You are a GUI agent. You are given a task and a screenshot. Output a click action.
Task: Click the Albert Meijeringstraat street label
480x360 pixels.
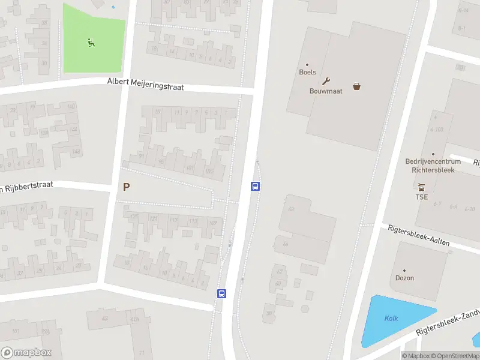point(145,84)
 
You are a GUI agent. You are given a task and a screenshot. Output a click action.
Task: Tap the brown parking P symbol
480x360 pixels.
point(126,187)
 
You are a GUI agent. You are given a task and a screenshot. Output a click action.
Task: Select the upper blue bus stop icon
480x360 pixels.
point(255,187)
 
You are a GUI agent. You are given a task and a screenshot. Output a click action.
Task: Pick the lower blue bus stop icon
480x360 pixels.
point(221,293)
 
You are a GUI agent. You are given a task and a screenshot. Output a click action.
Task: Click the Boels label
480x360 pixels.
point(307,72)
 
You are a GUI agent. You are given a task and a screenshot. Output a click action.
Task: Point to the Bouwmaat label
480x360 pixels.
point(326,91)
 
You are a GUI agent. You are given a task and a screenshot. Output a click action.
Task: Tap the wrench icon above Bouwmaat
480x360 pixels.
point(326,81)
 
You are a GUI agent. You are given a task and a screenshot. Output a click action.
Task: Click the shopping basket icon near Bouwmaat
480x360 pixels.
point(357,86)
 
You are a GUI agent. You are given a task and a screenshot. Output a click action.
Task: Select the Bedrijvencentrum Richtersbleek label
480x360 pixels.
point(433,166)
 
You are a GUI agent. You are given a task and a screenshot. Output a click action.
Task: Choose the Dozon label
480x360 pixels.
point(404,278)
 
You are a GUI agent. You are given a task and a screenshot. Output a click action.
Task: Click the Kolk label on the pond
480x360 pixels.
point(391,319)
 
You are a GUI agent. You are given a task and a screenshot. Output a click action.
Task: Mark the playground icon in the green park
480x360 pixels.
point(91,42)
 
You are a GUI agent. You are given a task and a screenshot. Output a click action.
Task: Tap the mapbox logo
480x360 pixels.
point(26,353)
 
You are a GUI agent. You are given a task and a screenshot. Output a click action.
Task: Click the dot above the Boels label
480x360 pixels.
point(307,65)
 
